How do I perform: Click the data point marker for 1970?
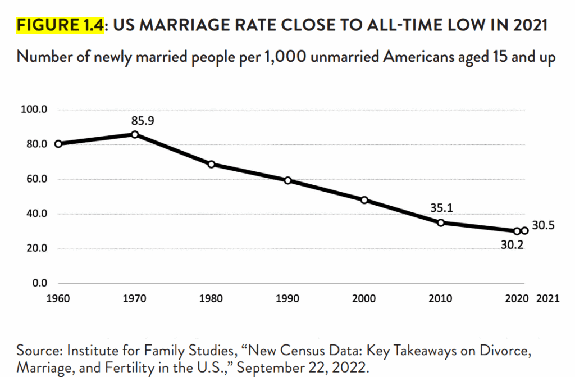point(135,134)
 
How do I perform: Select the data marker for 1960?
point(58,144)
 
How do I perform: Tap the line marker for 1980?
point(212,164)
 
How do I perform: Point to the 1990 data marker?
point(288,180)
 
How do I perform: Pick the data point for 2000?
point(364,200)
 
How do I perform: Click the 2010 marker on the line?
point(441,223)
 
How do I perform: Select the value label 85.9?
point(143,120)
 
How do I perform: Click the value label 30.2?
point(513,245)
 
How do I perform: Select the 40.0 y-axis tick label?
point(35,214)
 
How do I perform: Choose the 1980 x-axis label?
point(212,299)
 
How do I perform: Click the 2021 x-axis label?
point(548,299)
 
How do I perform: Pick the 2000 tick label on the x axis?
point(364,299)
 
